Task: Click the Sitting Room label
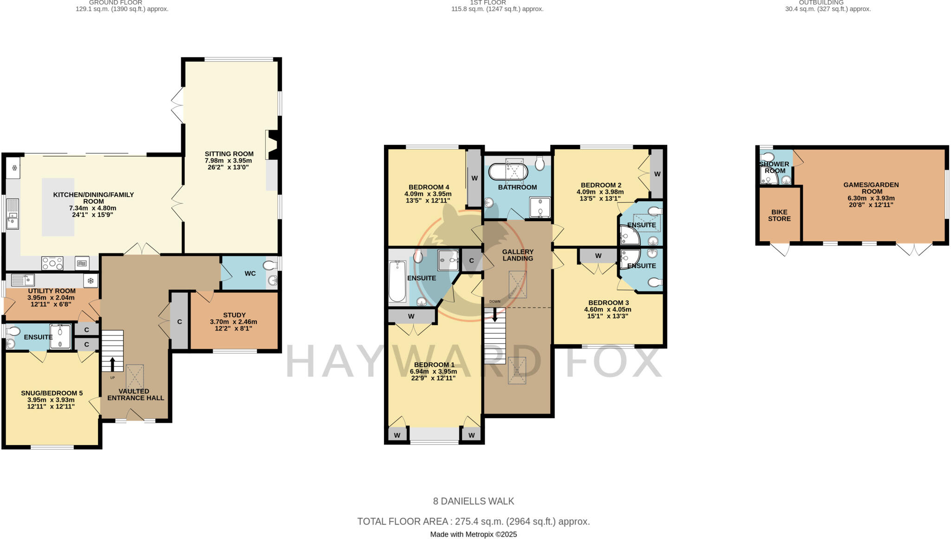pos(229,154)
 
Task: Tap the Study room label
pos(234,315)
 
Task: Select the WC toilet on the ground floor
pos(270,266)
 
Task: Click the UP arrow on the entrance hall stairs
pos(112,364)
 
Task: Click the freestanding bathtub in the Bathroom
pos(508,171)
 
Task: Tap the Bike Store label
pos(779,215)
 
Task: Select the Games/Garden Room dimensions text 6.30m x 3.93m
pos(871,198)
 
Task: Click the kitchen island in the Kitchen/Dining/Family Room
pos(58,207)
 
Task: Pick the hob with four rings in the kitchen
pos(52,263)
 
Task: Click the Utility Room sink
pos(22,280)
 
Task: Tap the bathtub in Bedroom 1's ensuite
pos(397,282)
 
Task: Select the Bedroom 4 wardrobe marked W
pos(475,178)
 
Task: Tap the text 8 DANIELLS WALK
pos(473,501)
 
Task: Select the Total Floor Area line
pos(473,521)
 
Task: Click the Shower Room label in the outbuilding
pos(774,167)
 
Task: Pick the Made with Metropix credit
pos(473,534)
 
